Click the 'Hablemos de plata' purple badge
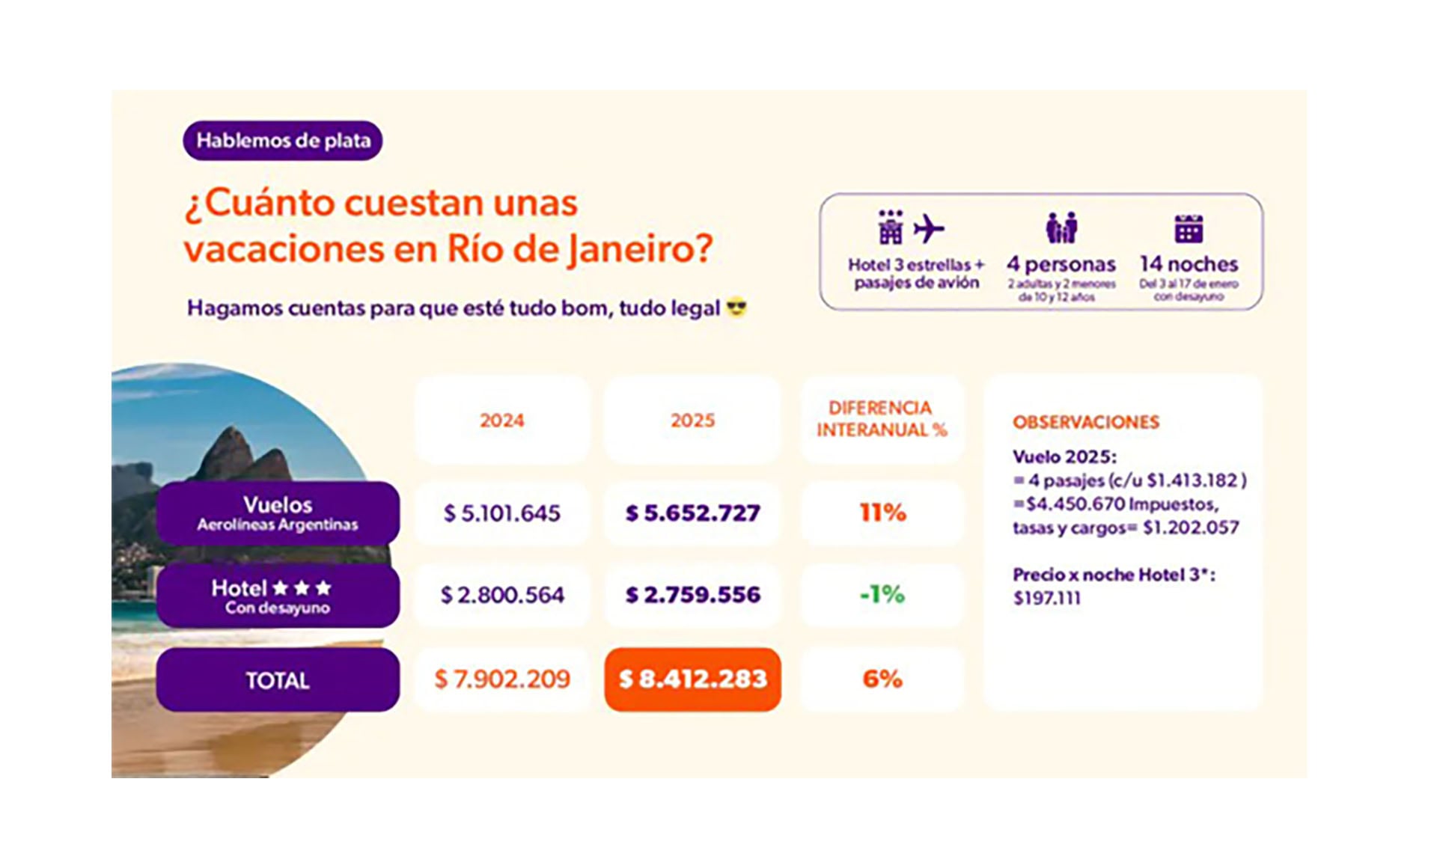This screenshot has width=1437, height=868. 283,141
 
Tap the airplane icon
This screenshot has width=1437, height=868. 929,228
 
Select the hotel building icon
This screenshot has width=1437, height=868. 890,227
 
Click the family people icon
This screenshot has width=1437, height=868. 1061,227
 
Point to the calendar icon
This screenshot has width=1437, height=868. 1189,228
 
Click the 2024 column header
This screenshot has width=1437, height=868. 501,421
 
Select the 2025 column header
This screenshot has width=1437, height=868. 692,421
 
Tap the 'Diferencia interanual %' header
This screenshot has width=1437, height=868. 882,419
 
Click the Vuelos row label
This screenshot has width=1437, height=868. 278,513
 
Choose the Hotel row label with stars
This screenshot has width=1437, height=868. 278,596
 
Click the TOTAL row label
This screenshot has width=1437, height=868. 278,680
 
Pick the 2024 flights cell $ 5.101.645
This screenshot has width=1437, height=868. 501,513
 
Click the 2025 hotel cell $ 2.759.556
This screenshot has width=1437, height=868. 692,595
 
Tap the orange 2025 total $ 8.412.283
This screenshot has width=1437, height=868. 692,679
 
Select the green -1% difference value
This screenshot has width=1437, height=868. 882,594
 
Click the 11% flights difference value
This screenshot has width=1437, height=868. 882,513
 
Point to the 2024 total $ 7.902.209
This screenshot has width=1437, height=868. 501,679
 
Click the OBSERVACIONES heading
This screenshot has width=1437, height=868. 1085,422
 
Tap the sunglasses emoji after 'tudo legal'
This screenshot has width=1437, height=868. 736,308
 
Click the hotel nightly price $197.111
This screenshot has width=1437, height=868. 1047,598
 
